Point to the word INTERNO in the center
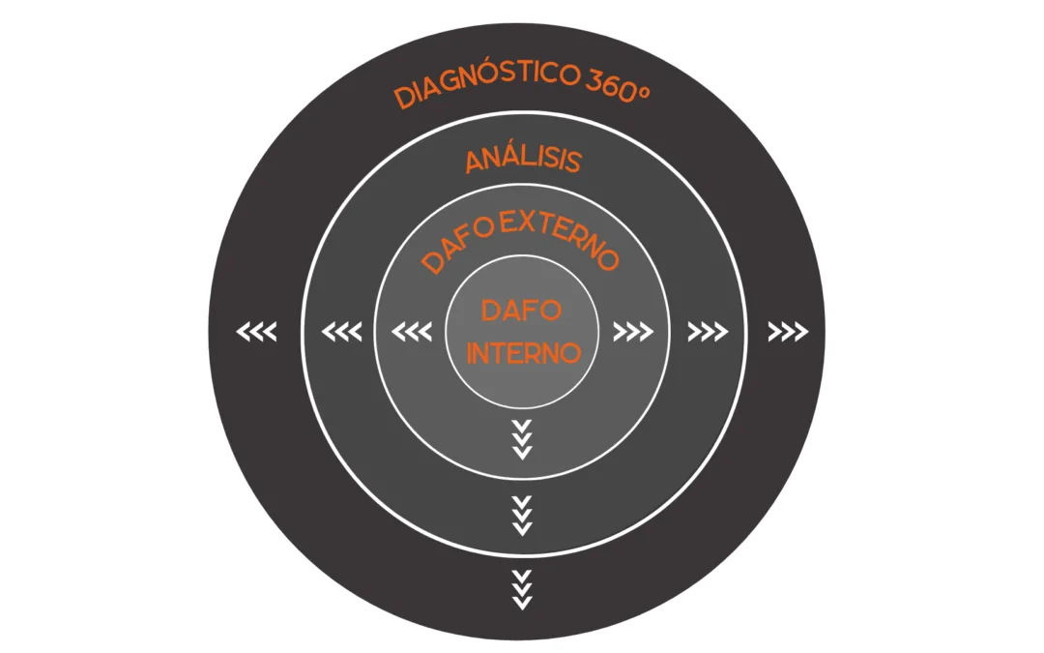tap(523, 353)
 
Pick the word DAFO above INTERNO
tap(522, 312)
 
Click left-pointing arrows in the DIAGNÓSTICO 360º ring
tap(256, 333)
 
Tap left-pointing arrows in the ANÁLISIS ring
tap(341, 333)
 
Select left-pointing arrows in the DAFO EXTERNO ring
tap(411, 333)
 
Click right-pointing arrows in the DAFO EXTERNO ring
tap(633, 333)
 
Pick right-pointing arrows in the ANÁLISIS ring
tap(708, 333)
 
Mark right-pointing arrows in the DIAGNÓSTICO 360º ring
tap(788, 333)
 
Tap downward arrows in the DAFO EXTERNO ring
tap(522, 440)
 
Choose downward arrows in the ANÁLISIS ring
tap(522, 516)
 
